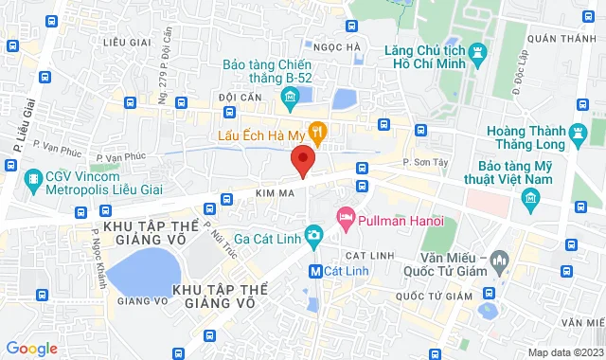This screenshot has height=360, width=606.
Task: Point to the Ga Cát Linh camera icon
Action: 313,238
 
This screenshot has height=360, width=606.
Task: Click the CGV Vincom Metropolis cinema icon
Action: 34,177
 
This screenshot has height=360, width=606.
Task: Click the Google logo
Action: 32,349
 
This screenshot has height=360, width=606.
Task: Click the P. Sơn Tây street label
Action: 425,163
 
